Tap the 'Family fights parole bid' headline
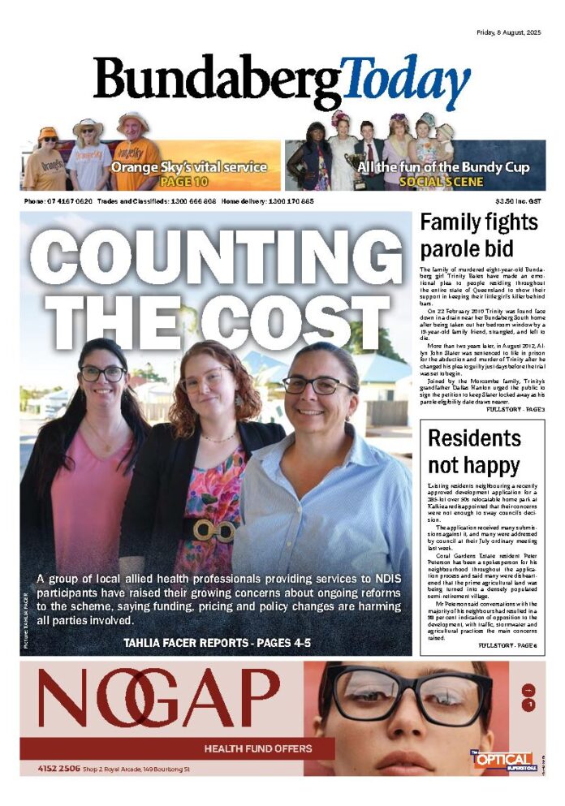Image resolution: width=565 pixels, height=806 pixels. click(x=479, y=235)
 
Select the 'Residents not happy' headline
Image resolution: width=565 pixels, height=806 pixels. click(x=474, y=452)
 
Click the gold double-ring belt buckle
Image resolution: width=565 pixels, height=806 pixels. click(x=213, y=530)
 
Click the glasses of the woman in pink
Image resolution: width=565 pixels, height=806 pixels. click(x=103, y=374)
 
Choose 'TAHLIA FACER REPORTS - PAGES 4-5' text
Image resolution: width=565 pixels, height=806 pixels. click(x=217, y=643)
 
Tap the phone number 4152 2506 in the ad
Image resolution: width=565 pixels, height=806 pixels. click(x=58, y=768)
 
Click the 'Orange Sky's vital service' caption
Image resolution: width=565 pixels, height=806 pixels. click(x=189, y=167)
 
